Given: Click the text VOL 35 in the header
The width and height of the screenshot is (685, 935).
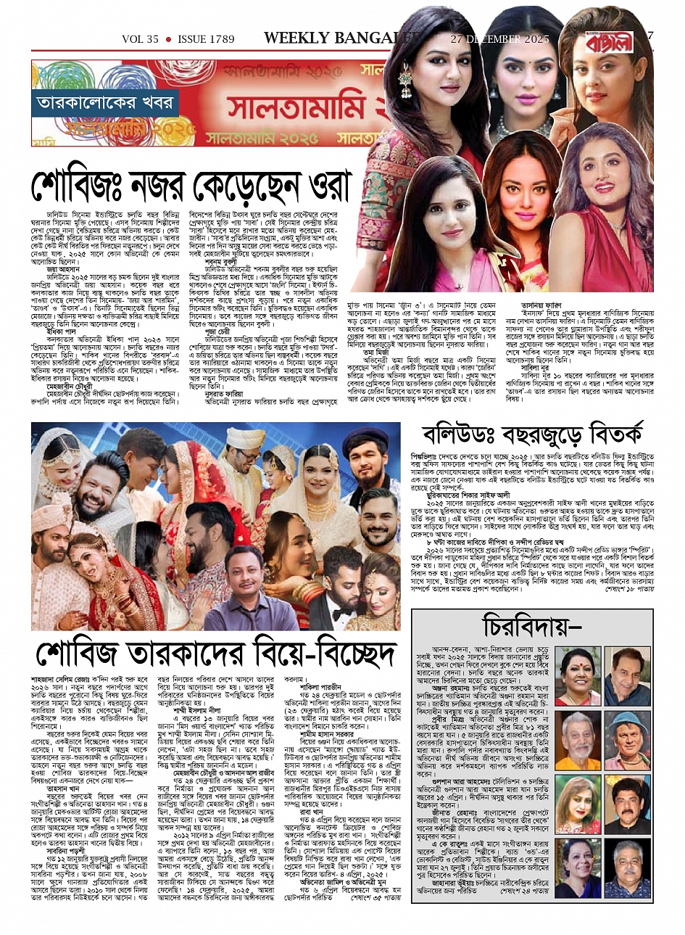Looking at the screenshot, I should (139, 39).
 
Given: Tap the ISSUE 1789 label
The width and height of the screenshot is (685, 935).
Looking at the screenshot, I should (207, 39).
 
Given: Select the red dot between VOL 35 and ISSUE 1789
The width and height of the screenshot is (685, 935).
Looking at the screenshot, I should (168, 39).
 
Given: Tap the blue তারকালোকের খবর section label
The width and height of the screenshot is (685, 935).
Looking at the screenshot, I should (105, 103).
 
